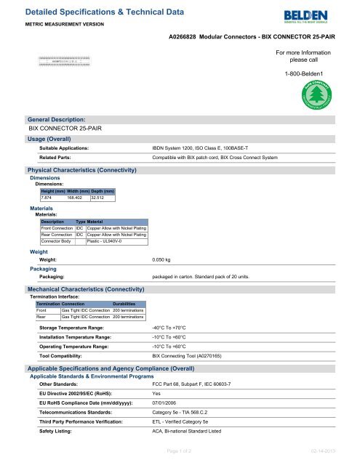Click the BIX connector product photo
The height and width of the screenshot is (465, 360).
click(64, 62)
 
